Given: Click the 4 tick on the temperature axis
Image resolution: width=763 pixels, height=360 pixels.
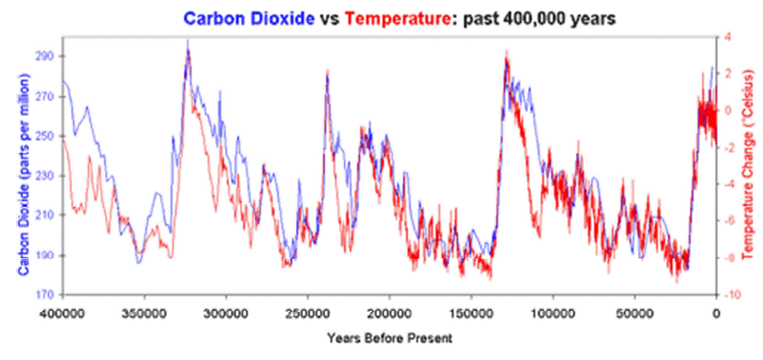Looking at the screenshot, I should [x=727, y=38].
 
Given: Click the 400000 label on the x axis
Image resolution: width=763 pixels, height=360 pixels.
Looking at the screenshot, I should [x=62, y=315].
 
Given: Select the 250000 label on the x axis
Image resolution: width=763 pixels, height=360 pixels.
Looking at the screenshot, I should [x=308, y=315].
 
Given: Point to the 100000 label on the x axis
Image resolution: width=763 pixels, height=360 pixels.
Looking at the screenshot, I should [x=553, y=315].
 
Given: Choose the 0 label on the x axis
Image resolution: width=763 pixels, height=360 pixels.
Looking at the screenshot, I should [x=716, y=315].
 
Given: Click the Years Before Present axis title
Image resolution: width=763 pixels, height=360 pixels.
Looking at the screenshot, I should [x=389, y=337].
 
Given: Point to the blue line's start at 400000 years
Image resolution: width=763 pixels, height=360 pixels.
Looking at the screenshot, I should [x=63, y=80].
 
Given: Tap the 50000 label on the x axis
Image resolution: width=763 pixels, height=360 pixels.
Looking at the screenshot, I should [x=635, y=315].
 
